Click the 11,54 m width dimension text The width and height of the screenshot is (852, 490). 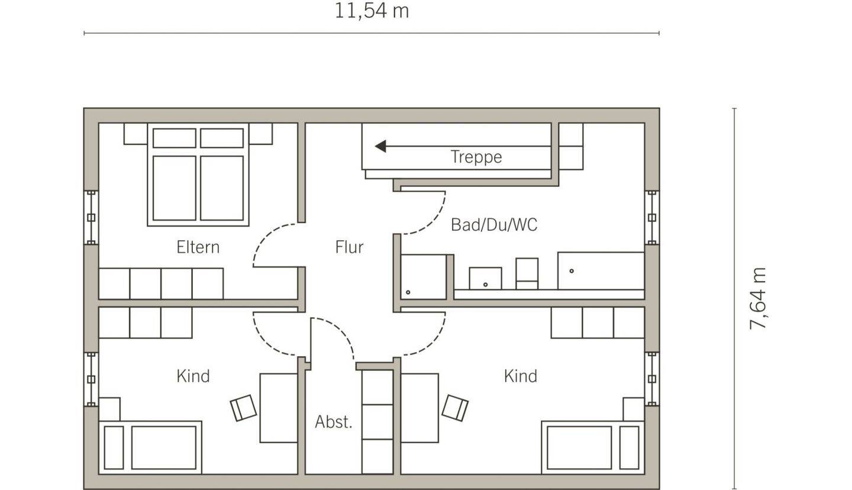372,11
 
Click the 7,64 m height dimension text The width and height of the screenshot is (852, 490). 757,299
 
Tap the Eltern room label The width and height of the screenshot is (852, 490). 198,247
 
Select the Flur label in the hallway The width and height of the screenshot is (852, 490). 349,247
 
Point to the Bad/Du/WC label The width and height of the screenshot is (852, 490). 494,225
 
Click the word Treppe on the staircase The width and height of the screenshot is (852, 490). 476,157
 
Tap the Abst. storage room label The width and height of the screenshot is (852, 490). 334,422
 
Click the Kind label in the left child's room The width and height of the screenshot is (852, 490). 193,376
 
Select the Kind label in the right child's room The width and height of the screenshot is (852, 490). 521,376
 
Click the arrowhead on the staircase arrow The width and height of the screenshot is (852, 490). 380,146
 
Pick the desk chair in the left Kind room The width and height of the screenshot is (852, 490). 243,408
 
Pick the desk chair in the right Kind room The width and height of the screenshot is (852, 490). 455,408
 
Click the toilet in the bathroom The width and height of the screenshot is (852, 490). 527,274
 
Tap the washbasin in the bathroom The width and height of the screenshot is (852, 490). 485,279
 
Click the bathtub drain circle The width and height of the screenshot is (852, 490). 572,271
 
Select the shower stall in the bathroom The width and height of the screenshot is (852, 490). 424,277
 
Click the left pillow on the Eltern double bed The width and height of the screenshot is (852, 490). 174,138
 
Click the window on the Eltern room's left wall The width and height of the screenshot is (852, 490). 91,218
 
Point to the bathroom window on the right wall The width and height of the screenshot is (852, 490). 652,218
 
